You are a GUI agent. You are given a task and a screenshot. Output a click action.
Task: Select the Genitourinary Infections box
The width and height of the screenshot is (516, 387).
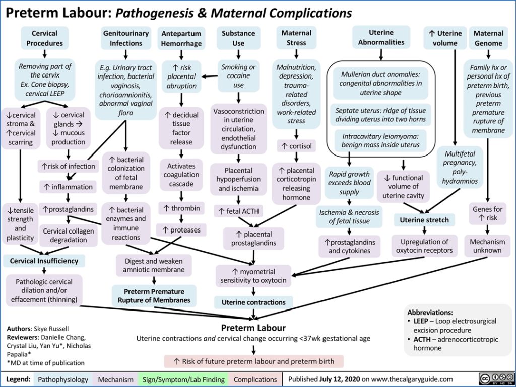126,38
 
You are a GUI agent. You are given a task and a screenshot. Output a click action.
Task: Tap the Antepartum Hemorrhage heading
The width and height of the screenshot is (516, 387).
181,38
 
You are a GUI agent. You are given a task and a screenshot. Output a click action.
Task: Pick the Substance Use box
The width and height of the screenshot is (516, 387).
238,38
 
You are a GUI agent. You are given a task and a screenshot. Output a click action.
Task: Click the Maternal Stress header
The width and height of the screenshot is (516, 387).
296,38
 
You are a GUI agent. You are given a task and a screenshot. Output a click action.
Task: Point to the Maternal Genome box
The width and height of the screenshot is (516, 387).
488,38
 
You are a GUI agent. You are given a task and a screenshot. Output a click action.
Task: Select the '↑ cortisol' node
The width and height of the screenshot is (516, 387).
296,146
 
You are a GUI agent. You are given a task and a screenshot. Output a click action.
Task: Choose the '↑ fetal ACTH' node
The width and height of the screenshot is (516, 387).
237,211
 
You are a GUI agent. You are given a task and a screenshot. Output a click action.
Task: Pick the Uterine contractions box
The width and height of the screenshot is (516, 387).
253,302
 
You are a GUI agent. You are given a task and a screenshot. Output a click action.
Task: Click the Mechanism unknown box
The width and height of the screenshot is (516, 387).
487,246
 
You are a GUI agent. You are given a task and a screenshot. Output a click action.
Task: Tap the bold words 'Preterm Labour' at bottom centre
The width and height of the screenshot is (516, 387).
253,328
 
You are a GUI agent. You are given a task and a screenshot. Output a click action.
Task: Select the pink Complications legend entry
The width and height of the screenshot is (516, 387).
256,379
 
